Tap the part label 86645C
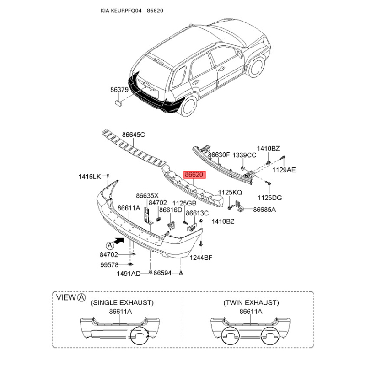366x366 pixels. point(134,135)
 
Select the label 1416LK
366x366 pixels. point(90,177)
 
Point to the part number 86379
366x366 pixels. point(119,90)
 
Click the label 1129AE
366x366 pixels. point(284,170)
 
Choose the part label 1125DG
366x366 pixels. point(269,198)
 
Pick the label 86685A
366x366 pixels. point(264,210)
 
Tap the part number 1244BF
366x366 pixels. point(201,258)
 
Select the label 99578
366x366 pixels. point(109,265)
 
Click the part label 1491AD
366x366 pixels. point(129,274)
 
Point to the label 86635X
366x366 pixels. point(147,196)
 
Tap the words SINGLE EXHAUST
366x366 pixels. point(122,303)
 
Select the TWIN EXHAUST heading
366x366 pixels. point(251,303)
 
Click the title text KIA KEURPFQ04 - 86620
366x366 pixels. point(132,11)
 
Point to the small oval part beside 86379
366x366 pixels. point(119,102)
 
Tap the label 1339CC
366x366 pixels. point(244,155)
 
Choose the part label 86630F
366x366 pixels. point(219,155)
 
